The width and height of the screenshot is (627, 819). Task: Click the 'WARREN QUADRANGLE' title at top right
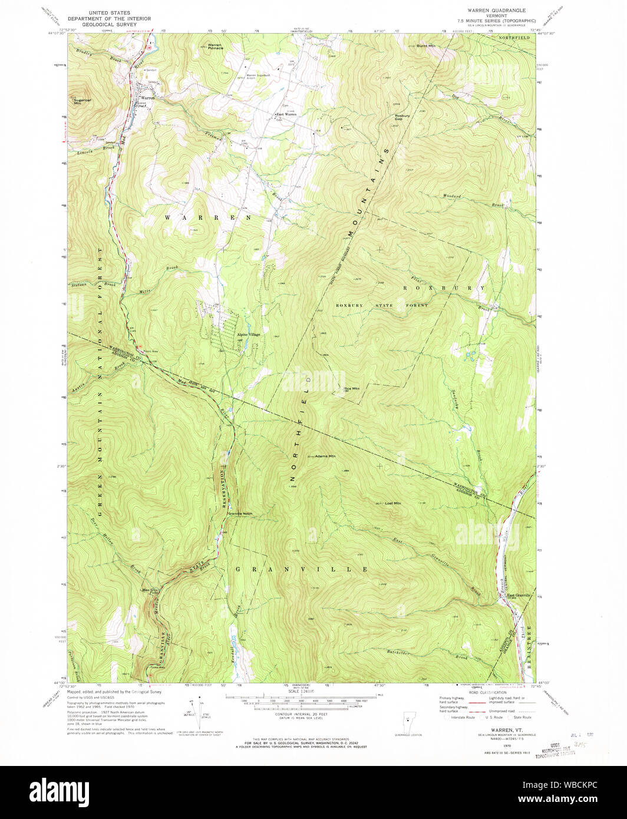click(497, 10)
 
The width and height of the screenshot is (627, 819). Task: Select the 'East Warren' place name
click(286, 114)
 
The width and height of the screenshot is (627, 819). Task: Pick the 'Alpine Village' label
click(248, 335)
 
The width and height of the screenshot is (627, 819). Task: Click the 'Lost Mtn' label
click(392, 503)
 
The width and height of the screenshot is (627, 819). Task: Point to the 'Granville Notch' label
click(240, 514)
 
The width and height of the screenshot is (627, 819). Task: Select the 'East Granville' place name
click(520, 595)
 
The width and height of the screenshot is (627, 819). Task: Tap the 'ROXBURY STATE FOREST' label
click(382, 306)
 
